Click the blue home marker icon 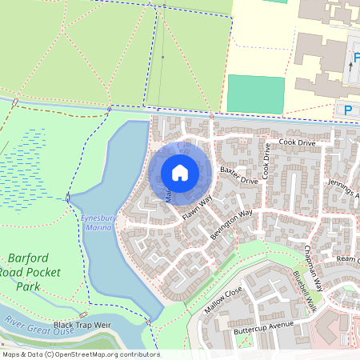[180, 172]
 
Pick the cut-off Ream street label [348, 260]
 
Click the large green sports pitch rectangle [255, 94]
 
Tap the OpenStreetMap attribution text [80, 354]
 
